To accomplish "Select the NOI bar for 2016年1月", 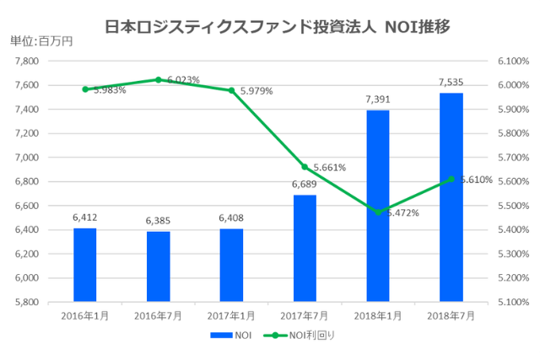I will tap(84, 264).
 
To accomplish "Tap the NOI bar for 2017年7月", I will tap(305, 248).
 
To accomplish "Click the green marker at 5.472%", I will tap(377, 212).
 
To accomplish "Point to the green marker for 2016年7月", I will tap(158, 80).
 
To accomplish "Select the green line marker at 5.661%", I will tap(305, 167).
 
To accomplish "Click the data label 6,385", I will tap(158, 221).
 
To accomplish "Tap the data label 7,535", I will tap(451, 83).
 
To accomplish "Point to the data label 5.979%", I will tap(256, 91).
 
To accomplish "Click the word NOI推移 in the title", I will tap(416, 26).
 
